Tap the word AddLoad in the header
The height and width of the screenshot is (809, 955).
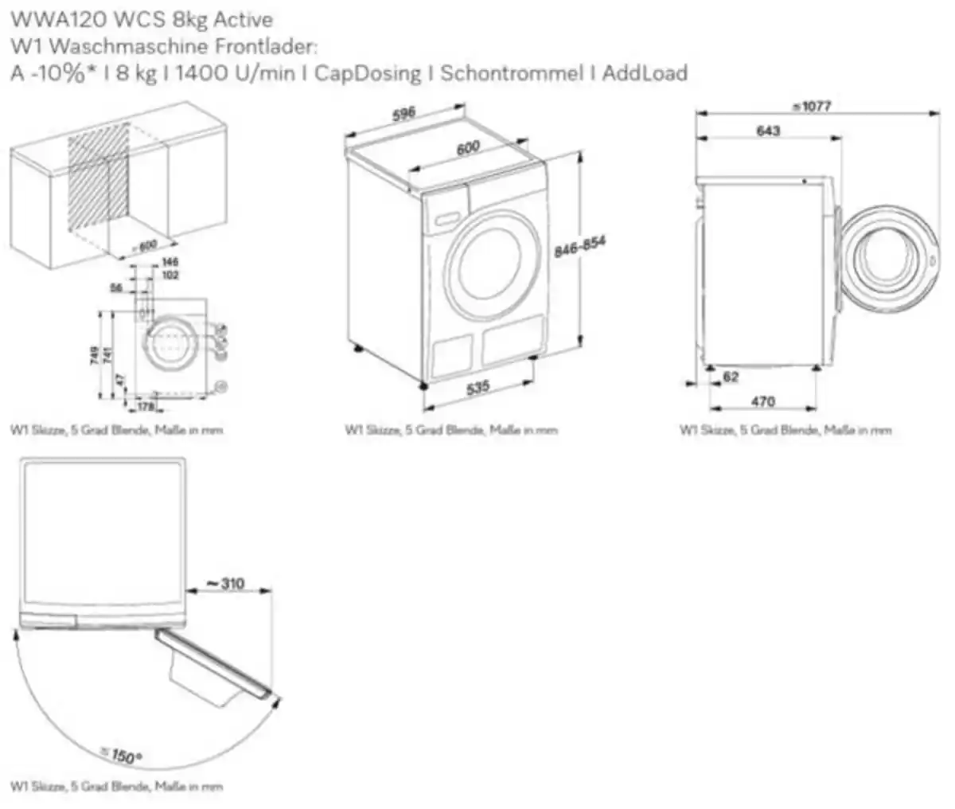click(645, 73)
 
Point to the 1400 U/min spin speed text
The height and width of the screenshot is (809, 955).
click(237, 73)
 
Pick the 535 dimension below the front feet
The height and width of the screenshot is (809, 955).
click(477, 388)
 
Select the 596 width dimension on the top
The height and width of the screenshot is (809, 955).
click(404, 114)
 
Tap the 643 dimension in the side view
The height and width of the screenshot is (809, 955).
click(768, 131)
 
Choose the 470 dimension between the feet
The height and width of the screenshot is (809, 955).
click(762, 401)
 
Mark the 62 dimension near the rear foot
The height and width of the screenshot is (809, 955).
click(731, 377)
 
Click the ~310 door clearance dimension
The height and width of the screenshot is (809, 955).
click(226, 584)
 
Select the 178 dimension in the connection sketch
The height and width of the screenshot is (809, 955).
click(145, 408)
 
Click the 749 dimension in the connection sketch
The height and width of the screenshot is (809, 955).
click(95, 355)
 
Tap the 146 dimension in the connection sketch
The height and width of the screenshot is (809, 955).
click(170, 262)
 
